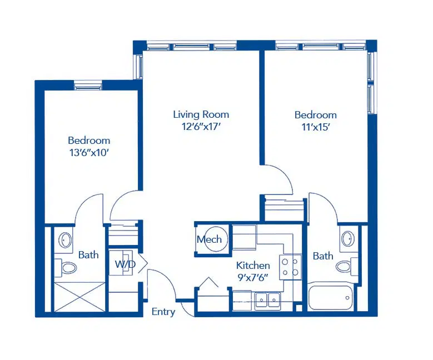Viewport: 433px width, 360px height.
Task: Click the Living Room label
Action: click(201, 114)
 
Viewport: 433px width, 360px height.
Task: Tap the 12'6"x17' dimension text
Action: click(201, 127)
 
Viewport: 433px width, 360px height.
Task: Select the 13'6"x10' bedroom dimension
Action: click(89, 152)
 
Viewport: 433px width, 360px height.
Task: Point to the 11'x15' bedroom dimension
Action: click(316, 127)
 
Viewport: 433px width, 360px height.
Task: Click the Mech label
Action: click(209, 239)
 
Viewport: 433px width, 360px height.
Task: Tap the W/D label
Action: click(125, 264)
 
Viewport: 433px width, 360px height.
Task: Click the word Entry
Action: click(163, 312)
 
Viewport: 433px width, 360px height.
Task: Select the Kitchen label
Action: click(253, 266)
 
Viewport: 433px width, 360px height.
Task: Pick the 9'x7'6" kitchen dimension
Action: click(253, 277)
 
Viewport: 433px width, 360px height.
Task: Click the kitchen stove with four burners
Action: click(290, 267)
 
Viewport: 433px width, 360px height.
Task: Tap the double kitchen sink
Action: click(267, 299)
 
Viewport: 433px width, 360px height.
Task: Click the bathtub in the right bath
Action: click(330, 298)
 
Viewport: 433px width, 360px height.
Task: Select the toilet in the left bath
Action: click(66, 268)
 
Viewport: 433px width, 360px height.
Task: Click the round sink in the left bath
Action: click(65, 239)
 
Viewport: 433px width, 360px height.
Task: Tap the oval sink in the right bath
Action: click(348, 238)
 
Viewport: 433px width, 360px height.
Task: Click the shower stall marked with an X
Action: click(79, 297)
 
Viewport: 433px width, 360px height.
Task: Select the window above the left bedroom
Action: click(88, 86)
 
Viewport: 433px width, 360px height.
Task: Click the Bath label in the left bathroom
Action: click(88, 255)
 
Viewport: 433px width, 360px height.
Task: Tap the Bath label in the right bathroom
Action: click(323, 256)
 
